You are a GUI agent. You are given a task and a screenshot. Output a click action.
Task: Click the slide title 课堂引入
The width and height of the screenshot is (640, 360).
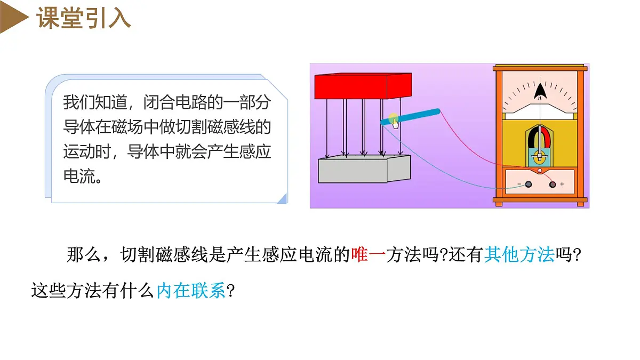click(x=83, y=18)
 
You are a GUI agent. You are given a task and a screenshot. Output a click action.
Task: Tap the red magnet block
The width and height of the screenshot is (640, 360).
click(x=363, y=86)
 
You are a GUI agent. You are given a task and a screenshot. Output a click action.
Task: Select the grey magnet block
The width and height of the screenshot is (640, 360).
click(x=364, y=169)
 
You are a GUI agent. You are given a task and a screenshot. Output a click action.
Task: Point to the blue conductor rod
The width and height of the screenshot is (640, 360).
click(x=410, y=117)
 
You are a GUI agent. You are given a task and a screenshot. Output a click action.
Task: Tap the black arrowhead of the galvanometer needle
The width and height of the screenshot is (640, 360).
click(x=540, y=91)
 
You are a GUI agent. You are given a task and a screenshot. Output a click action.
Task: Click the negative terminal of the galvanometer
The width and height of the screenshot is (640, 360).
click(x=529, y=185)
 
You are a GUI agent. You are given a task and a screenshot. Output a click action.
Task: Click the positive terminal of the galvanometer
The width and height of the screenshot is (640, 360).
click(x=553, y=185)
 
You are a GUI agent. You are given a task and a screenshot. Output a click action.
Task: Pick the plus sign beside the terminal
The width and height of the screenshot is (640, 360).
click(x=562, y=185)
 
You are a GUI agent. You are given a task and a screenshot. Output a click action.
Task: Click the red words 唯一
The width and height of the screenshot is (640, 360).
click(x=369, y=254)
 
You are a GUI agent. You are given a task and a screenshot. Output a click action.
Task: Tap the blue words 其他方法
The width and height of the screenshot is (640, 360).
click(x=519, y=254)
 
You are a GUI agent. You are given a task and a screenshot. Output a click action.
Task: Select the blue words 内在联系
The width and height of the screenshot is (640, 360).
click(x=191, y=291)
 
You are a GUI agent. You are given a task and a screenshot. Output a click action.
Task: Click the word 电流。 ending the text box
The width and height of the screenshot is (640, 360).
click(x=83, y=177)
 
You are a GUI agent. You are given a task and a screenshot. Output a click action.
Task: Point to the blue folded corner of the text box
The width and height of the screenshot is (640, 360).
click(x=283, y=199)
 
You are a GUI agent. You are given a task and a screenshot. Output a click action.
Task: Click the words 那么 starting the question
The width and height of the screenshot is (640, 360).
click(x=84, y=254)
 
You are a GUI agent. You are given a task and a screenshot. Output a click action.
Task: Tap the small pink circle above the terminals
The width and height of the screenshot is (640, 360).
click(x=540, y=171)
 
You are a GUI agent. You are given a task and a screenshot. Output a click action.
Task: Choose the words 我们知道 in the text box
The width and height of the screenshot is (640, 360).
click(x=95, y=102)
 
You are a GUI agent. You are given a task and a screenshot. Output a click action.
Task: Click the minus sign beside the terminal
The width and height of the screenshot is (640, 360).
click(x=519, y=184)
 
